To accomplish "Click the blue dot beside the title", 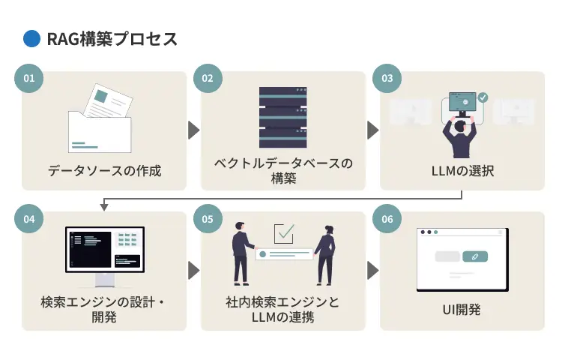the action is (x=31, y=39).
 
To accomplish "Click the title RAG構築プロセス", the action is (x=112, y=39).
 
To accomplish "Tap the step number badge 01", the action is (x=29, y=78).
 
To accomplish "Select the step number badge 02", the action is (x=208, y=78).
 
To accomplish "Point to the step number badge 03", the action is (x=387, y=78).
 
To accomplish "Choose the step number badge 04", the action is (x=29, y=219).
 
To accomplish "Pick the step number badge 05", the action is (x=208, y=219).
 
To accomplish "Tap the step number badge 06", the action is (x=387, y=219).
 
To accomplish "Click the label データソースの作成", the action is (x=104, y=171).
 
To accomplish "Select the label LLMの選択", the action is (x=462, y=171).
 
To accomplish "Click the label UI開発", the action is (x=462, y=309).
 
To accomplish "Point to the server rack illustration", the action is (x=283, y=117).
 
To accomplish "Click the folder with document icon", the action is (x=100, y=118).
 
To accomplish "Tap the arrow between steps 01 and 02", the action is (x=193, y=130).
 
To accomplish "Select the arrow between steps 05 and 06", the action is (x=372, y=270).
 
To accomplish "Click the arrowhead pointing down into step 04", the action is (x=104, y=207).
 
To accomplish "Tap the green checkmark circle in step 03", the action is (x=483, y=97).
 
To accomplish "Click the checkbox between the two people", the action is (x=284, y=234).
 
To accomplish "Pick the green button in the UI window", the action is (x=475, y=256).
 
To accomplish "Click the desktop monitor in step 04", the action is (x=105, y=256).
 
